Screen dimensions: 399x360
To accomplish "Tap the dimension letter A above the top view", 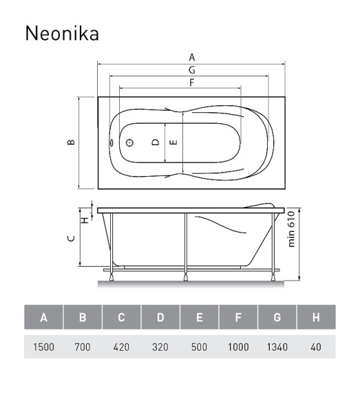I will (191, 58).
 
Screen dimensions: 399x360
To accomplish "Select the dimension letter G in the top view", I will (191, 70).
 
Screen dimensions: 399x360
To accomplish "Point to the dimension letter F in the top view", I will (191, 83).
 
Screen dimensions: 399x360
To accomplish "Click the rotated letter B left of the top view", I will (71, 142).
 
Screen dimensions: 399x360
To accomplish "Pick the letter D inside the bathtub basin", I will (156, 142).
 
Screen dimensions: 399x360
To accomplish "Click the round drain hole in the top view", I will (128, 143).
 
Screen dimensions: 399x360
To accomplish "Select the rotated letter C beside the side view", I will (71, 239).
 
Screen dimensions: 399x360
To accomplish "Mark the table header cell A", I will (44, 318).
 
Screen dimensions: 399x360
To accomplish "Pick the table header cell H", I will (316, 318).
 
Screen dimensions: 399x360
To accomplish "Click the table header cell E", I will (200, 318).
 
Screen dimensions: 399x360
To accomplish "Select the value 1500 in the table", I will (44, 347).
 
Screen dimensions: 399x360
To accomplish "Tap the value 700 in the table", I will (83, 347).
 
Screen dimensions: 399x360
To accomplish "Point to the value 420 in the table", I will (121, 347).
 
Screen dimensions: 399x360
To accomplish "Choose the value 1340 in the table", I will (277, 347).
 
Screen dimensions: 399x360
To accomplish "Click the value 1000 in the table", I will (238, 347).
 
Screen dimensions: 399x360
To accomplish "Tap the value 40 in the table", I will (316, 347).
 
